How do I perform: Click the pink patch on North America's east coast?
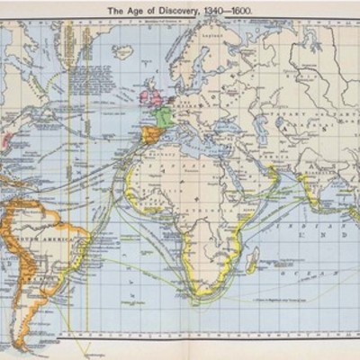pyautogui.click(x=11, y=140)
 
